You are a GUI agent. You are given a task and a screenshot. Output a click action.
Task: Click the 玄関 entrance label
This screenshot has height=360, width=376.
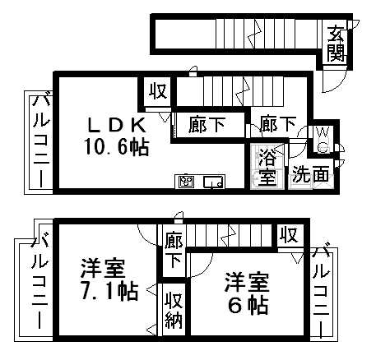click(336, 44)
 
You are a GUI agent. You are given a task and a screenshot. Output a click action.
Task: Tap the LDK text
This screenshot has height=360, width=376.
click(116, 126)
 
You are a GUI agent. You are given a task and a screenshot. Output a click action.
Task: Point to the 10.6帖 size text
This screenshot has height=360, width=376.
click(116, 147)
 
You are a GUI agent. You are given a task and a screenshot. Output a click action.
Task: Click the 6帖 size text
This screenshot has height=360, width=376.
click(248, 305)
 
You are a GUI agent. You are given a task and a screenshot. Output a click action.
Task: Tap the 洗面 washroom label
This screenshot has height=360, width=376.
click(310, 174)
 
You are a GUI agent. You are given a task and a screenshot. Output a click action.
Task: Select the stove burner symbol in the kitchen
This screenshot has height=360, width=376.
click(186, 182)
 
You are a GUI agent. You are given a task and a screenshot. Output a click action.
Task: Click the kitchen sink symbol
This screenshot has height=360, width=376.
click(214, 182)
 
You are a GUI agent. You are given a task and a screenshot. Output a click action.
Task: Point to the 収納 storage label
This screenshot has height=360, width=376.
click(174, 310)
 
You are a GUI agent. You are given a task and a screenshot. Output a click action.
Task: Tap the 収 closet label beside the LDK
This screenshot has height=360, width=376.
click(158, 90)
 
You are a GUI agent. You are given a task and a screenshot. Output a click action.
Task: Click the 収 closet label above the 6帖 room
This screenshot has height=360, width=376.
click(289, 235)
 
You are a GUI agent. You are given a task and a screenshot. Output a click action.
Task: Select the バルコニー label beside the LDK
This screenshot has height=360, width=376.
click(41, 141)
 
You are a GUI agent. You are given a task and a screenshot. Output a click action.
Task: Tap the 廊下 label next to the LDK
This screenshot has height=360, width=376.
click(207, 125)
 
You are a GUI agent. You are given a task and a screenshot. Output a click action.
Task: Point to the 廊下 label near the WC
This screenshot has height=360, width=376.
click(278, 124)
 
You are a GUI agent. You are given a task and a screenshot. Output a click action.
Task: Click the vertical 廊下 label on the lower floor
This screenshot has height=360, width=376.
click(174, 250)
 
